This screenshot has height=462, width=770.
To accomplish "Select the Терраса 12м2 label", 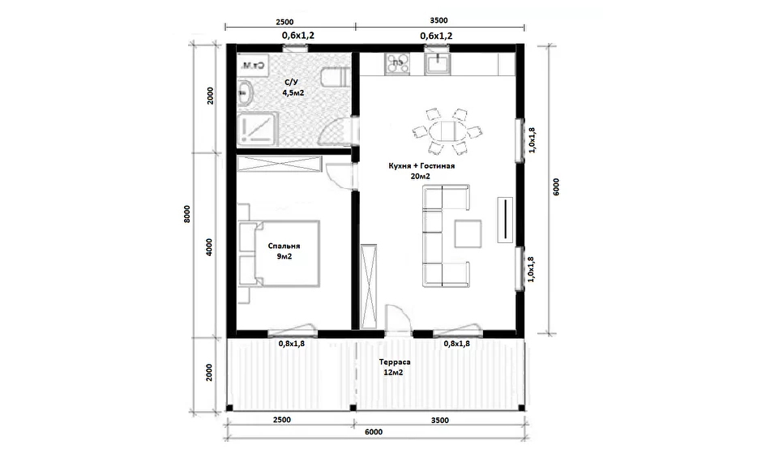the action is point(395,367).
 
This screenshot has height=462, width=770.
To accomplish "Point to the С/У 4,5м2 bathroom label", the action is point(293,88).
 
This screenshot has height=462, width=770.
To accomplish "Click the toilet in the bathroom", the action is point(334,78).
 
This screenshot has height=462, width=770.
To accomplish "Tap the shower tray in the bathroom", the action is point(258,129).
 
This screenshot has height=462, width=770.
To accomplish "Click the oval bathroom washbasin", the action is point(245,92).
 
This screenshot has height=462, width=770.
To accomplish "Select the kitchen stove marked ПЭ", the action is point(397,64).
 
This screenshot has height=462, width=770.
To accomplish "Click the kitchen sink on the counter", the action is point(437,64).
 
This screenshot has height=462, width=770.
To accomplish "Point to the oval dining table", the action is point(447,131).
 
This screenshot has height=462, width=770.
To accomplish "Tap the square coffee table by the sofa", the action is point(468,233).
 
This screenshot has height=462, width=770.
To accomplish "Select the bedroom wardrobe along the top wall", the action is point(280,164).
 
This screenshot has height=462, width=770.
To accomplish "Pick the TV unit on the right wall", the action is point(505,220).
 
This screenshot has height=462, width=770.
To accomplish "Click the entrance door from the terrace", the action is point(397,320).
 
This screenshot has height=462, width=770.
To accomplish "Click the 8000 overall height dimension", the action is point(186,215).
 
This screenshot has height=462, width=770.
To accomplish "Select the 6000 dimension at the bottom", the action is point(374,432).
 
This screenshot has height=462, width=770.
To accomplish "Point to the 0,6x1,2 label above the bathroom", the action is point(298,36).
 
